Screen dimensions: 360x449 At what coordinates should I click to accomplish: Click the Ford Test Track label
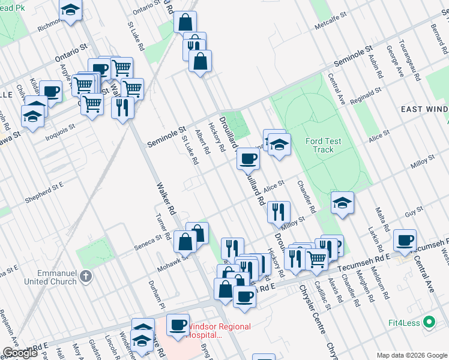point(324,145)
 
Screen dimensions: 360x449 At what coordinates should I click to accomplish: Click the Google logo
point(20,353)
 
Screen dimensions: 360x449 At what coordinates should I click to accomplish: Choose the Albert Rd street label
point(201,142)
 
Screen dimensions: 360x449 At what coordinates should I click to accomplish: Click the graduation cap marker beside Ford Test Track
point(278,145)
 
